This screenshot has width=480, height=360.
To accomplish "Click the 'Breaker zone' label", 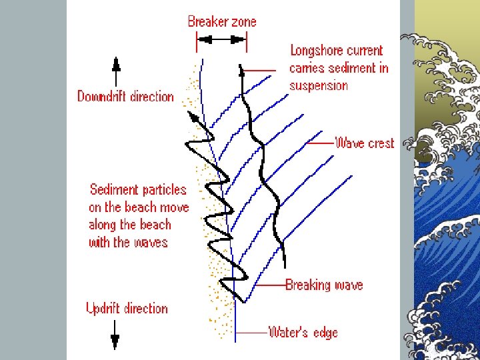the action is pyautogui.click(x=221, y=21).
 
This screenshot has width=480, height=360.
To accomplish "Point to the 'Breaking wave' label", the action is pyautogui.click(x=324, y=285).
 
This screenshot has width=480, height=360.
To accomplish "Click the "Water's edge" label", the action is pyautogui.click(x=303, y=332).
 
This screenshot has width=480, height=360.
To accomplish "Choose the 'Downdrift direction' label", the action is pyautogui.click(x=125, y=97).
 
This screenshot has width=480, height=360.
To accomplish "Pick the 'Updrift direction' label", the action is pyautogui.click(x=127, y=309).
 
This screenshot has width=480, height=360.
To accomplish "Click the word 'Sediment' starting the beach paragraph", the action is pyautogui.click(x=113, y=190).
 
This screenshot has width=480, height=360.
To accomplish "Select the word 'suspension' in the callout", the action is pyautogui.click(x=319, y=85).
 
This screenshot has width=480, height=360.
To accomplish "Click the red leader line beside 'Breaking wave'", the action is pyautogui.click(x=269, y=285).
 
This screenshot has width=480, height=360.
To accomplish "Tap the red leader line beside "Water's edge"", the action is pyautogui.click(x=251, y=331).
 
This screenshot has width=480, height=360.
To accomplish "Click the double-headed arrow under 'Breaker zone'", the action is pyautogui.click(x=221, y=40).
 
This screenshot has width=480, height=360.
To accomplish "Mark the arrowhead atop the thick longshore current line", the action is pyautogui.click(x=241, y=70).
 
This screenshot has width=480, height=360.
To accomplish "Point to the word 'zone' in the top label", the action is pyautogui.click(x=243, y=21).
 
